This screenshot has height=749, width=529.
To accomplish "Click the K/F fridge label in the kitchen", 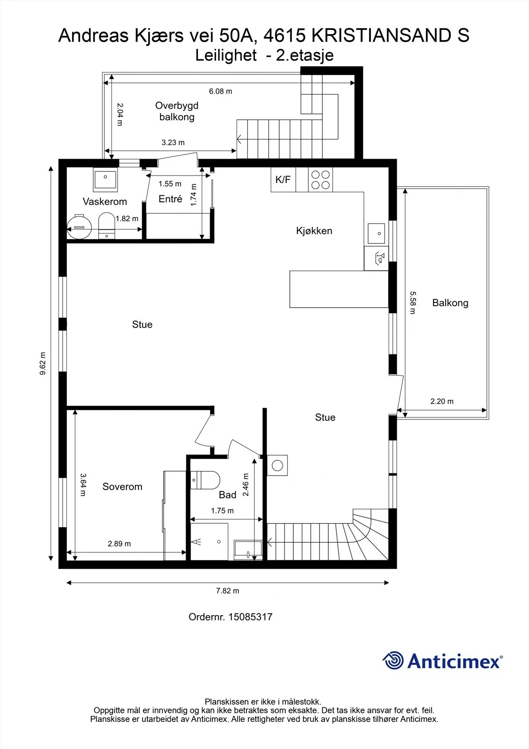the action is (283, 180).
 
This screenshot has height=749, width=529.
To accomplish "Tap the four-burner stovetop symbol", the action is (320, 180).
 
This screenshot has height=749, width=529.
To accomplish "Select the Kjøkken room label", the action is (314, 231).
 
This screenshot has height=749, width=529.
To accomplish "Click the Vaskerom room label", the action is (105, 201).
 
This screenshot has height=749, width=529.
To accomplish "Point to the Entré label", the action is (170, 199).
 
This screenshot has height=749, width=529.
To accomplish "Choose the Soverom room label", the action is (122, 486).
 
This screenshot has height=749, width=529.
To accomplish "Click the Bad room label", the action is (228, 494).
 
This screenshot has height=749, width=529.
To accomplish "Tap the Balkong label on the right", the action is (450, 302).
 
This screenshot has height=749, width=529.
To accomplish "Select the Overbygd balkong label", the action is (177, 111).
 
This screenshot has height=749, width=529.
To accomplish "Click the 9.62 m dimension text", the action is (43, 363).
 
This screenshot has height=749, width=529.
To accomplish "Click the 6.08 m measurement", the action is (221, 91).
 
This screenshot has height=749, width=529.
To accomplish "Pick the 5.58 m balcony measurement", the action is (413, 302).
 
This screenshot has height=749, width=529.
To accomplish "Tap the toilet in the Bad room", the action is (205, 480).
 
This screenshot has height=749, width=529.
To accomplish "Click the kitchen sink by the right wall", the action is (376, 234).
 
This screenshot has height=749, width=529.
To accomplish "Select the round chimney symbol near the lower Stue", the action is (277, 465).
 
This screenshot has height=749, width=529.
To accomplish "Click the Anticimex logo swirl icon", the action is (393, 661).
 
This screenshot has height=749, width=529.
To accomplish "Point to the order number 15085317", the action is (250, 617).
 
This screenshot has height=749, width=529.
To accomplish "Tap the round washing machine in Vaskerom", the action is (79, 227).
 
